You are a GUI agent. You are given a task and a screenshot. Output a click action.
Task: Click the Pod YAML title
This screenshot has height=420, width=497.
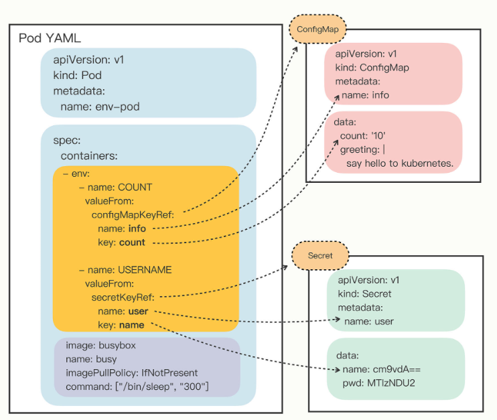(49, 38)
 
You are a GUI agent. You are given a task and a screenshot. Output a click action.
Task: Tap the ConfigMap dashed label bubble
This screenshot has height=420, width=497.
(317, 29)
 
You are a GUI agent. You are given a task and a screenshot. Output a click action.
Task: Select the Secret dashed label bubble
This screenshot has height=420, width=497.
(319, 255)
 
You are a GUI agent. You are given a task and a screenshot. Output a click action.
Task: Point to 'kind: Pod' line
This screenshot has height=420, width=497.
(78, 75)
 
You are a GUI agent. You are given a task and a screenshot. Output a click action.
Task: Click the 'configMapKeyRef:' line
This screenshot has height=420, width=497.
(133, 214)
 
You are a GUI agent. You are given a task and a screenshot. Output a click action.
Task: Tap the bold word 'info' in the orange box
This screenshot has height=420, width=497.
(137, 228)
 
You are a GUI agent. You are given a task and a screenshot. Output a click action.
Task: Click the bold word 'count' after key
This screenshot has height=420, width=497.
(132, 242)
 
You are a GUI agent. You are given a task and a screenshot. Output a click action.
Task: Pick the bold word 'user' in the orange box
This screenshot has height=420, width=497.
(137, 311)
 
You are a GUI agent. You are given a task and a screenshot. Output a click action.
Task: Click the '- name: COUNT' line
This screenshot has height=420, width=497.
(116, 187)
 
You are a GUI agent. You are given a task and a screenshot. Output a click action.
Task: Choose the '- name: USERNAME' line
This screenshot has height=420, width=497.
(125, 270)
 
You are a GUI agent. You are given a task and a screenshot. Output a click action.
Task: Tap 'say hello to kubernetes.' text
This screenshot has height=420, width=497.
(400, 163)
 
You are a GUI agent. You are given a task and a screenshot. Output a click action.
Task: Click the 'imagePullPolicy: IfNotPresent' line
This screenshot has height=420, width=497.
(131, 372)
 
